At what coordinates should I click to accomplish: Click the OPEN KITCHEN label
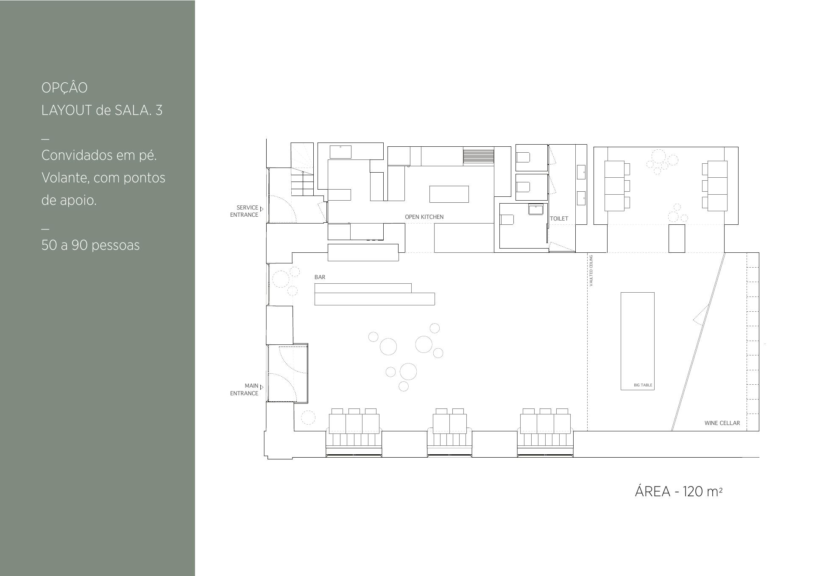click(x=424, y=217)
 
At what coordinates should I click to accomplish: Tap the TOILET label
click(x=559, y=218)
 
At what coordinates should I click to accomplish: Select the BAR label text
click(x=320, y=277)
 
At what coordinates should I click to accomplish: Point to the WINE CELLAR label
click(x=722, y=423)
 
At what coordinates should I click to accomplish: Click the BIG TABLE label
click(x=643, y=385)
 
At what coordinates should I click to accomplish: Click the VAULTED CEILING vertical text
click(x=591, y=271)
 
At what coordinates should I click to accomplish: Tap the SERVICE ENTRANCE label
click(x=244, y=211)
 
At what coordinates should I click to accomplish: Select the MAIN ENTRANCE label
click(x=244, y=389)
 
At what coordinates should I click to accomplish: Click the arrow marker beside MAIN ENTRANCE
click(x=262, y=387)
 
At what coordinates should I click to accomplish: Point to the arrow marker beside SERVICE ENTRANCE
click(x=262, y=209)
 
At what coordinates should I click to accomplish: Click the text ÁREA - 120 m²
click(x=678, y=491)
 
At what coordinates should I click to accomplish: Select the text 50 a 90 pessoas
click(x=90, y=245)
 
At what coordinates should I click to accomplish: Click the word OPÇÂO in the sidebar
click(x=64, y=87)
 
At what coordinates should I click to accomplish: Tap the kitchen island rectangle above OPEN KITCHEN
click(x=449, y=194)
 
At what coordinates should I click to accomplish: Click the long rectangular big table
click(x=638, y=341)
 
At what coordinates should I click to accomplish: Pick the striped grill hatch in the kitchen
click(x=479, y=156)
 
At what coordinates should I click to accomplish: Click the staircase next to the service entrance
click(x=302, y=170)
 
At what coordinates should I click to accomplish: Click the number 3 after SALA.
click(x=159, y=110)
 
